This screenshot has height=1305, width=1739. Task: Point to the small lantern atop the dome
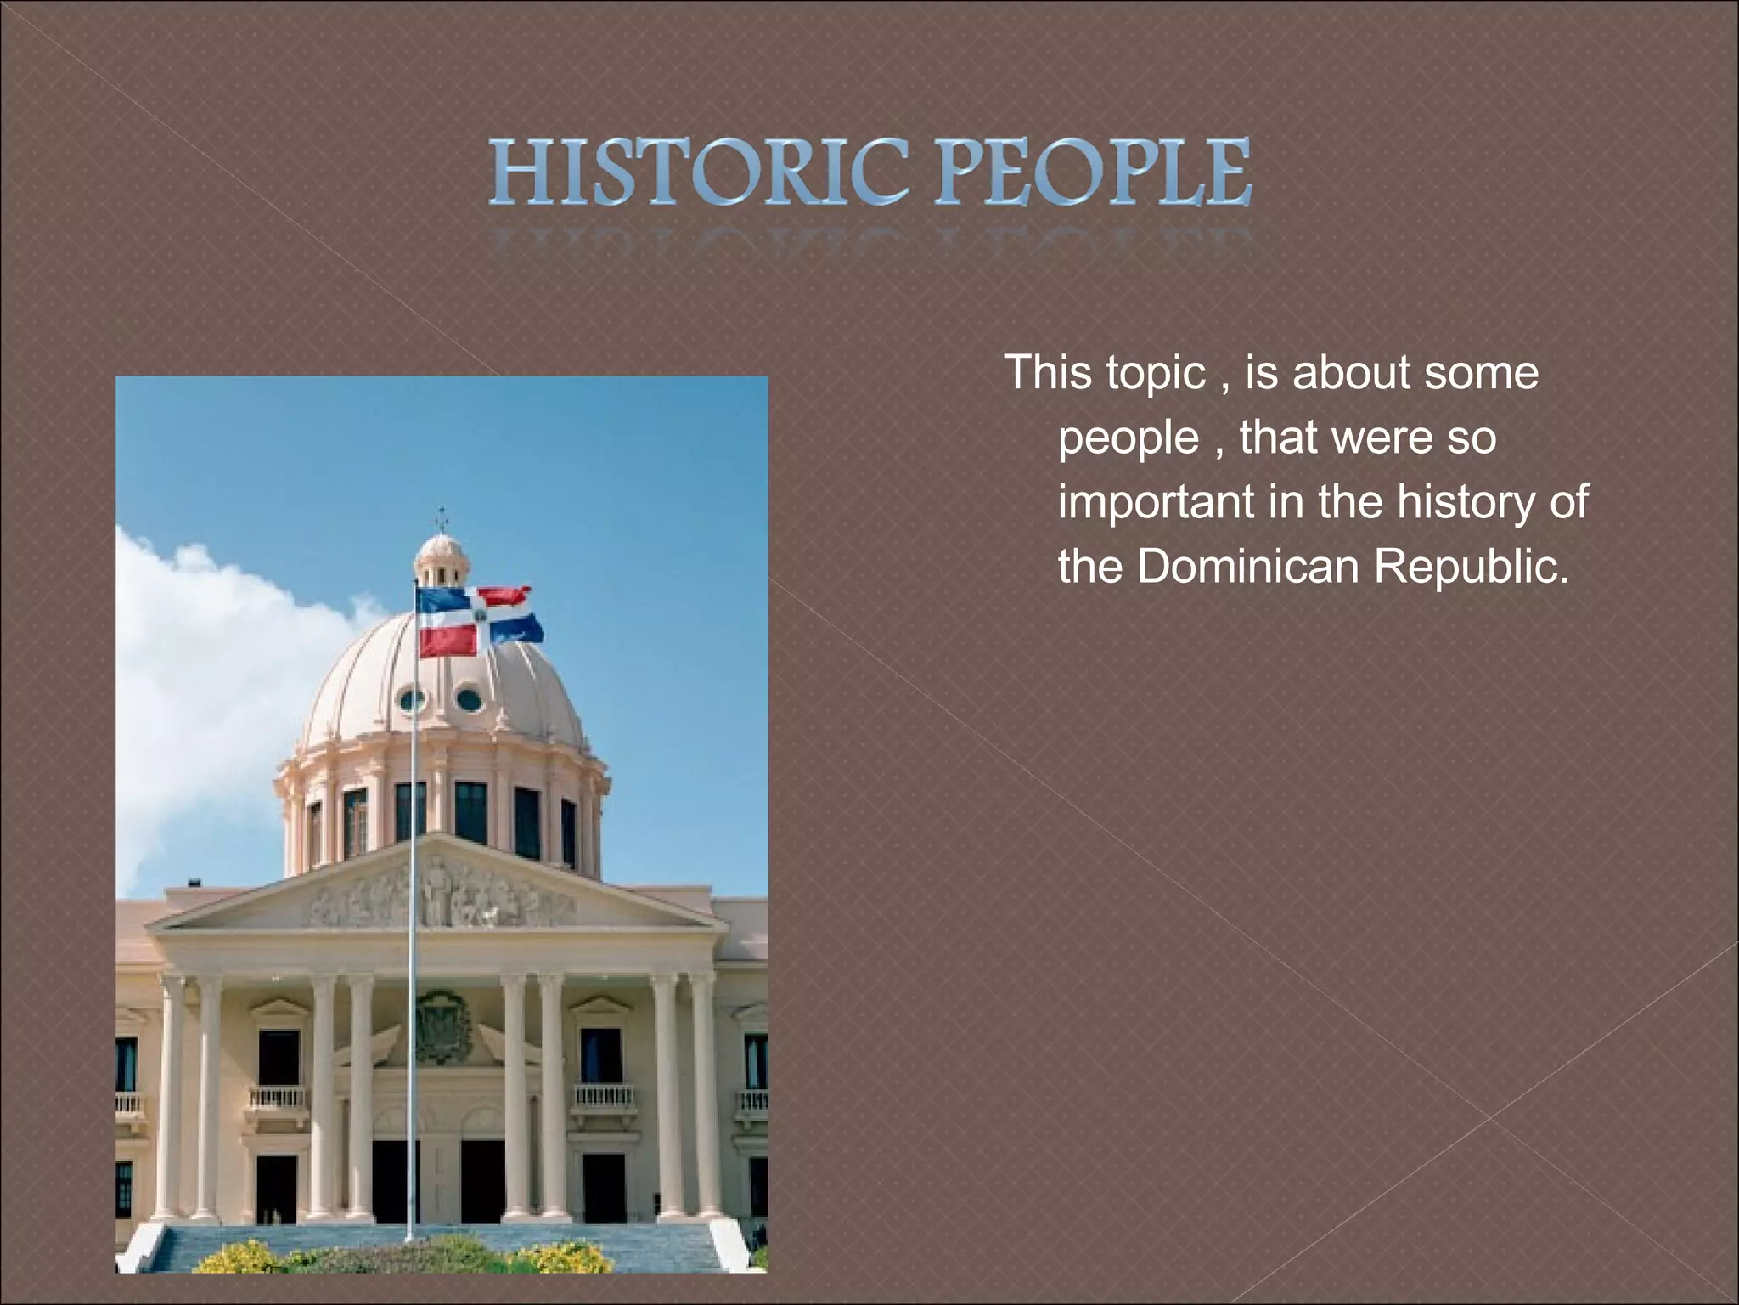point(441,562)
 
